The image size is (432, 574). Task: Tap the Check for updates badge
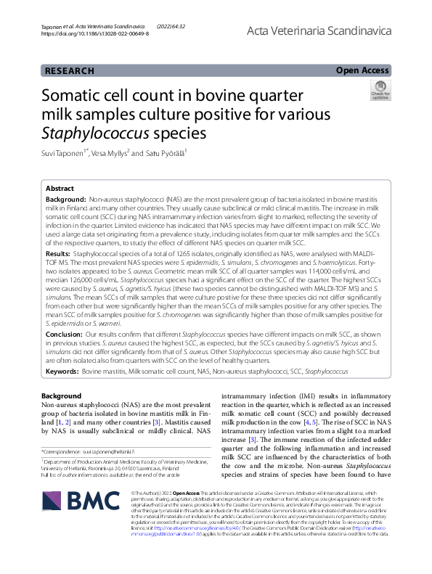point(380,89)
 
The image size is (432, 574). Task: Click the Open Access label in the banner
point(362,70)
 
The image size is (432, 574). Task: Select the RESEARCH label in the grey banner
point(70,71)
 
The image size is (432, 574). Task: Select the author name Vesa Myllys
point(111,153)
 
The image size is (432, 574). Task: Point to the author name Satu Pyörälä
point(166,153)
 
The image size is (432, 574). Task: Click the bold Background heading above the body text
point(62,395)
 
